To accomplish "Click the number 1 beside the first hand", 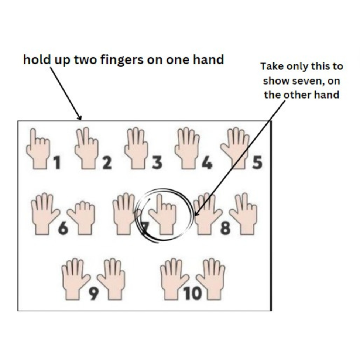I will click(56, 163).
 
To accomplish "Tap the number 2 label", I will click(107, 163).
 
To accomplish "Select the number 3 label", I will click(157, 163).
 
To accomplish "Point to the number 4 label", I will click(207, 163).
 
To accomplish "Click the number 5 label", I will click(257, 163).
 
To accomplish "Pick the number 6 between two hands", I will click(63, 229).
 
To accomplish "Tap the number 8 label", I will click(225, 229).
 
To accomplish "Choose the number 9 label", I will click(94, 294).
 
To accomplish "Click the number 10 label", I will click(193, 294).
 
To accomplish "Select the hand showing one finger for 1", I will click(38, 150).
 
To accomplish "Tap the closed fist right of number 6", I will click(82, 218).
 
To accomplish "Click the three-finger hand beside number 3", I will click(137, 149).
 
